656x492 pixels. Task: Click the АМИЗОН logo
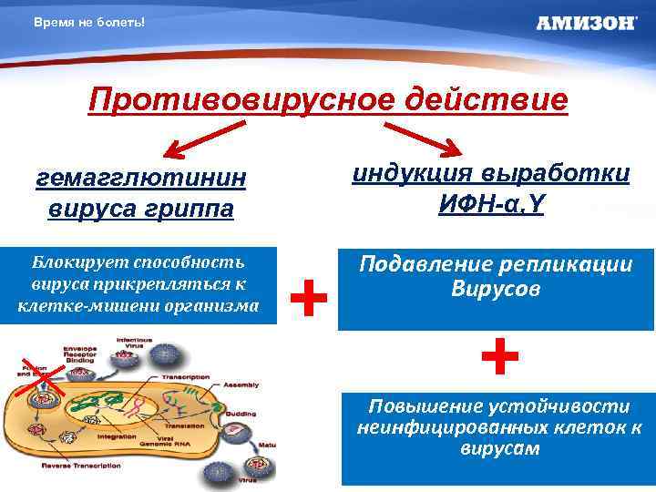[x=586, y=23]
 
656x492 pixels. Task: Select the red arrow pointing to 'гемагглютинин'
[x=195, y=141]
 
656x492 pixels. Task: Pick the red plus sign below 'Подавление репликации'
[x=499, y=356]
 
